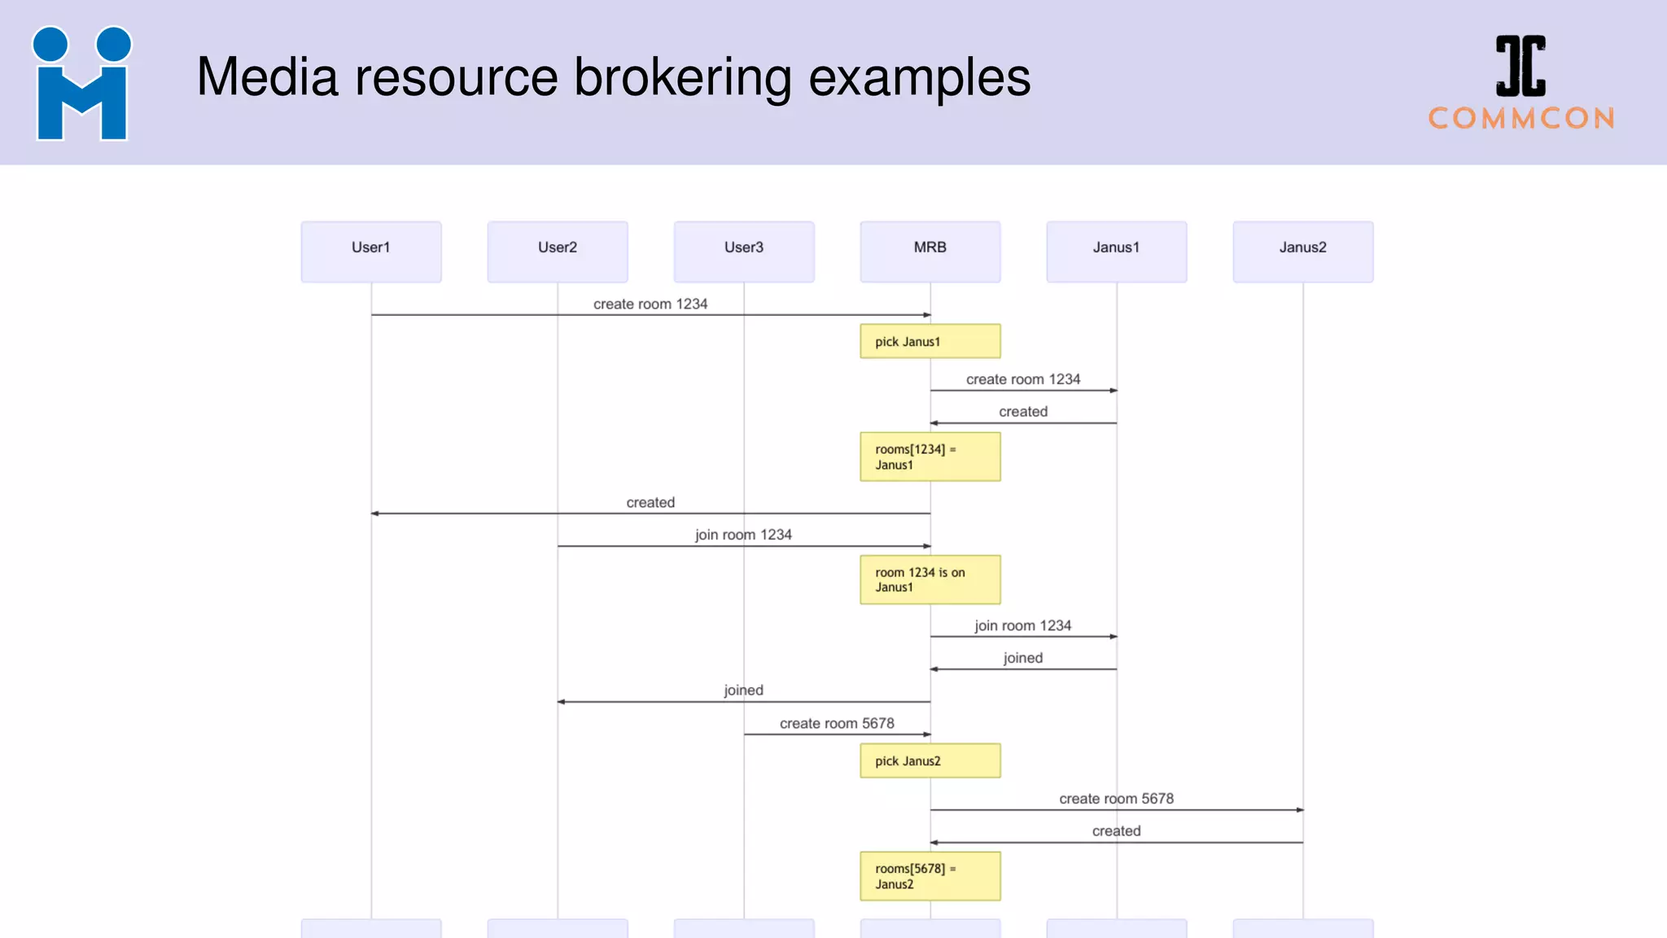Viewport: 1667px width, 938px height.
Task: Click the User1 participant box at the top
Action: tap(371, 252)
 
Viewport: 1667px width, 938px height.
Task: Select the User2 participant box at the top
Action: tap(558, 252)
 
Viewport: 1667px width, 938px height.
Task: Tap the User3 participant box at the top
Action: tap(744, 252)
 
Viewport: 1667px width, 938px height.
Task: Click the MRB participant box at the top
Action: tap(930, 252)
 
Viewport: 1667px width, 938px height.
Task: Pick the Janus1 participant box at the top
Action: tap(1117, 252)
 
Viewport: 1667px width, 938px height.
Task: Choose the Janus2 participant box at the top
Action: tap(1303, 252)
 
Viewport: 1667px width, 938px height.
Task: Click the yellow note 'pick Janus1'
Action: tap(930, 341)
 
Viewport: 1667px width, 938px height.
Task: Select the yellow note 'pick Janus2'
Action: tap(930, 760)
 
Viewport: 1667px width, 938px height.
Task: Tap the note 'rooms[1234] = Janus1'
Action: tap(930, 457)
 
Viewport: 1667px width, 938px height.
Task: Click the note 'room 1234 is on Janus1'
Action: tap(930, 580)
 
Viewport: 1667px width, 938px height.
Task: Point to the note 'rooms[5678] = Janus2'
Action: tap(930, 876)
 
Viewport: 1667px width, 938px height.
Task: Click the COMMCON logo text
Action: tap(1521, 118)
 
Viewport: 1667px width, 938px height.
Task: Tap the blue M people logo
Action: tap(81, 84)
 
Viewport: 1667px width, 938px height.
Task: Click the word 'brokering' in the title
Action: tap(683, 77)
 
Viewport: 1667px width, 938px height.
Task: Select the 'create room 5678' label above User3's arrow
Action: tap(837, 723)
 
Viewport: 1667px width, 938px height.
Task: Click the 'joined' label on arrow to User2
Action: tap(744, 690)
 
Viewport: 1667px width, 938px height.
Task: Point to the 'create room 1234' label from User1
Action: tap(650, 304)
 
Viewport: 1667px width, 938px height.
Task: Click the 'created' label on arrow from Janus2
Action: tap(1117, 831)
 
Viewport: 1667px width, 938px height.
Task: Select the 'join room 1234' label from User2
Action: tap(743, 535)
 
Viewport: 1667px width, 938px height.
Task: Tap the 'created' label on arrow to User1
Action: tap(650, 502)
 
